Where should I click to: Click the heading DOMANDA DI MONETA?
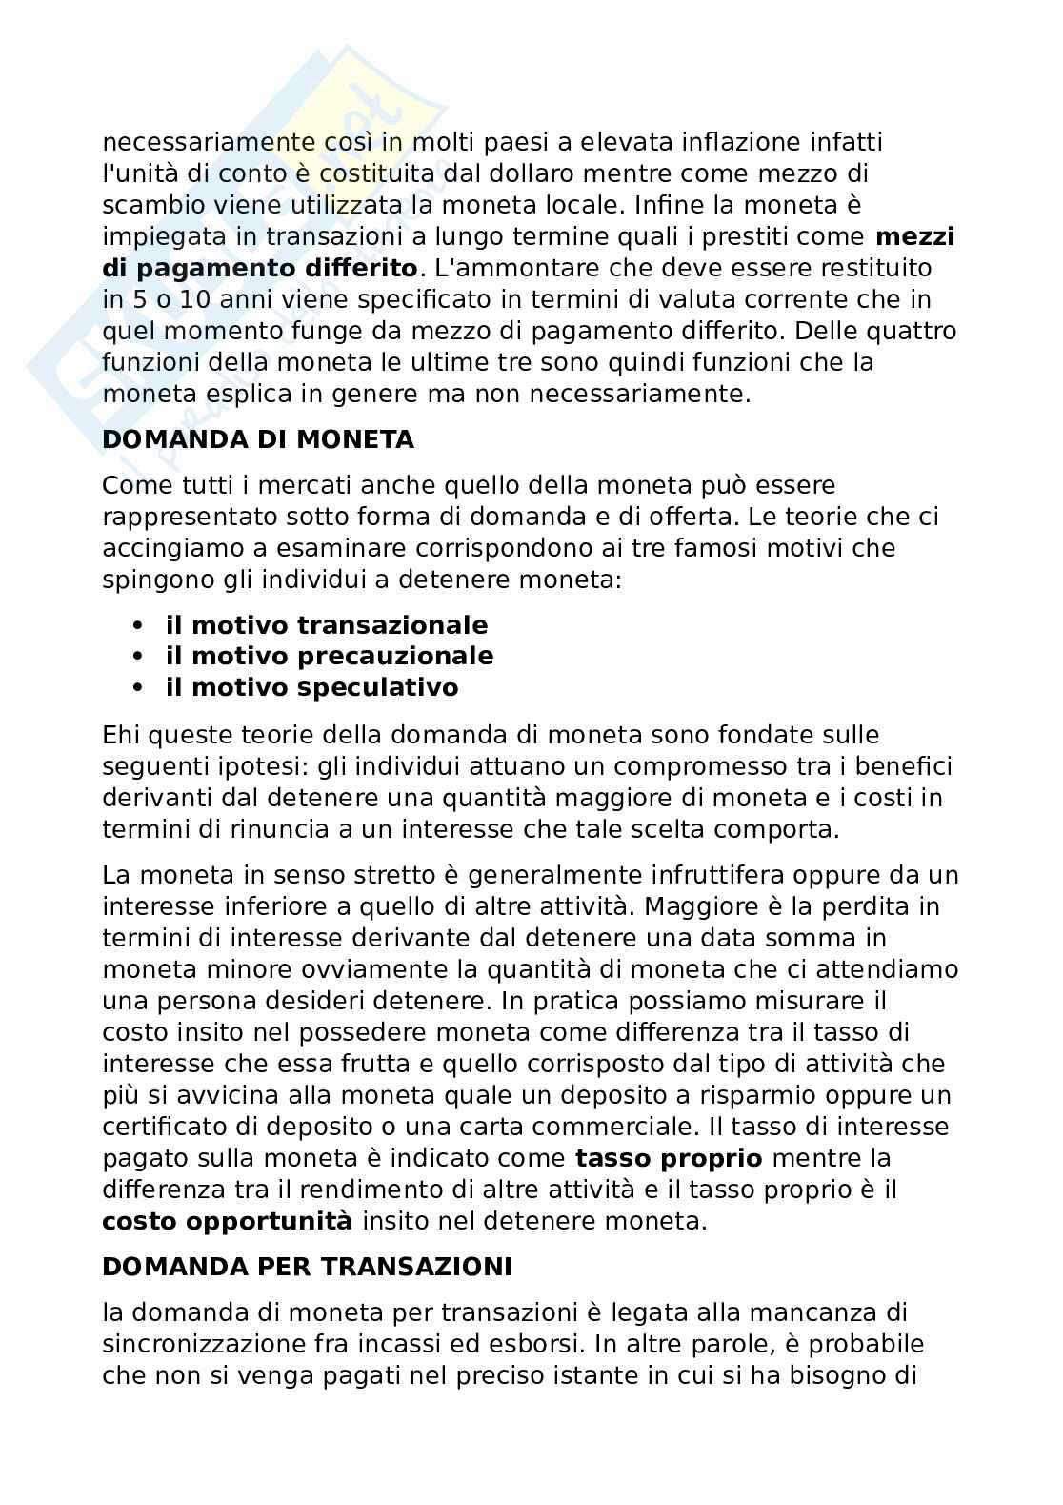pyautogui.click(x=258, y=440)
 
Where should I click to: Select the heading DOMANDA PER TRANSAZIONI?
pyautogui.click(x=307, y=1267)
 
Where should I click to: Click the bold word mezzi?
pyautogui.click(x=914, y=236)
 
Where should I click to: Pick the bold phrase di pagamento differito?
pyautogui.click(x=259, y=268)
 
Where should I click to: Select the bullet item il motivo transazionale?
pyautogui.click(x=326, y=625)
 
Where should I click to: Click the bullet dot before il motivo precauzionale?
pyautogui.click(x=139, y=657)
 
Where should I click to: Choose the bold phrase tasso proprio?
pyautogui.click(x=669, y=1159)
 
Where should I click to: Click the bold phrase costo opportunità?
pyautogui.click(x=227, y=1221)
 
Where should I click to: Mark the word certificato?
pyautogui.click(x=164, y=1127)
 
